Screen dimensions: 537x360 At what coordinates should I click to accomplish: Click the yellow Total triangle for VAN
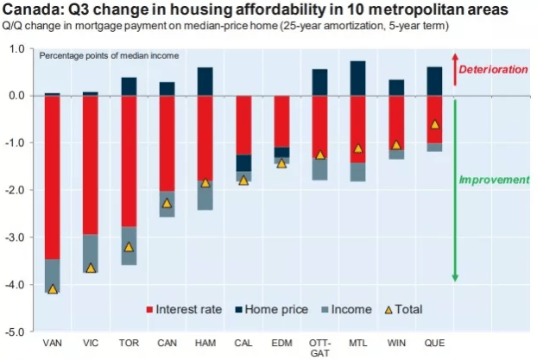(53, 289)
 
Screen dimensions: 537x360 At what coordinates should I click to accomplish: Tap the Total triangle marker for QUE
(435, 124)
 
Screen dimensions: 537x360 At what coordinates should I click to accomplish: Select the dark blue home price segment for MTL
(358, 79)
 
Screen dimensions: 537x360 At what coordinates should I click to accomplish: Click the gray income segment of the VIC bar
(91, 254)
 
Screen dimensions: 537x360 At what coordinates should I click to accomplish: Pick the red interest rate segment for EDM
(281, 122)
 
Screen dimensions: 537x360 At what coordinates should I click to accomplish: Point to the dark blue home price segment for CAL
(243, 163)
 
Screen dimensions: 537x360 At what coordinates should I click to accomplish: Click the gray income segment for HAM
(205, 195)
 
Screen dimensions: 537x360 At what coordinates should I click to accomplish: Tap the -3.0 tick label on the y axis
(15, 237)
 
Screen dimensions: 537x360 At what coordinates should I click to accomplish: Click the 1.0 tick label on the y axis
(17, 49)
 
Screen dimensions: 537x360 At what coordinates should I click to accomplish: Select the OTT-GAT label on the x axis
(320, 348)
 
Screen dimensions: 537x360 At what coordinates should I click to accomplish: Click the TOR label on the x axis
(129, 343)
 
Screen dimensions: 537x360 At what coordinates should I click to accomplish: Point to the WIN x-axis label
(396, 343)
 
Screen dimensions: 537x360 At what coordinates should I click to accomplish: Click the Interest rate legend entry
(184, 309)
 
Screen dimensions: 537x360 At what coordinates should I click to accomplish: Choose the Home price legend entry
(272, 309)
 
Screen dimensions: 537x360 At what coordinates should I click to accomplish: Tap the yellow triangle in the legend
(389, 310)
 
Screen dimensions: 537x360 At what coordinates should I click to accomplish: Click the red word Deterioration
(493, 70)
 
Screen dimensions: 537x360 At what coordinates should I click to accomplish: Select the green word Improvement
(494, 180)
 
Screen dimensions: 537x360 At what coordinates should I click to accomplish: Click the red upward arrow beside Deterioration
(455, 69)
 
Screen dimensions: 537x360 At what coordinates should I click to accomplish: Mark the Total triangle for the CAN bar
(167, 204)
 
